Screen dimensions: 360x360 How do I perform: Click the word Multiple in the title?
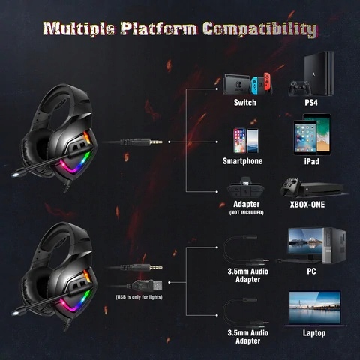tap(79, 28)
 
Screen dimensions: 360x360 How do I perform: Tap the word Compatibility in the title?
tap(260, 29)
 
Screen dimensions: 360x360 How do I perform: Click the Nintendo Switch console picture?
tap(247, 84)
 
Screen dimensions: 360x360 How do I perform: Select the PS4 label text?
tap(311, 103)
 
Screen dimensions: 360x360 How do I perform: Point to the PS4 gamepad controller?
tap(300, 88)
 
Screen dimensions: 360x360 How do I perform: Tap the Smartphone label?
tap(242, 161)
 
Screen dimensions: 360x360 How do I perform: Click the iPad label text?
tap(312, 161)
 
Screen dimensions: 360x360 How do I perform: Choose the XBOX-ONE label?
tap(307, 205)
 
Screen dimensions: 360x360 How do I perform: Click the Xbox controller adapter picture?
tap(245, 187)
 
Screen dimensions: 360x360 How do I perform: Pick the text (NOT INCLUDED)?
tap(246, 213)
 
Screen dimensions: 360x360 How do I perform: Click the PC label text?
tap(311, 271)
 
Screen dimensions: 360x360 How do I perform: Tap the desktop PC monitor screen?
tap(305, 241)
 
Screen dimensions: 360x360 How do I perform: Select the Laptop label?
tap(314, 333)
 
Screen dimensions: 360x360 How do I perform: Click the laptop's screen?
tap(315, 307)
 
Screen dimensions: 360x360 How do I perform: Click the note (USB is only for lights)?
tap(139, 297)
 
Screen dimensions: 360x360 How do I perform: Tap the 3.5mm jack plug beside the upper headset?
tap(141, 142)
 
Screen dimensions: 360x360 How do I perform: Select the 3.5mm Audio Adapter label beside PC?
tap(247, 275)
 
